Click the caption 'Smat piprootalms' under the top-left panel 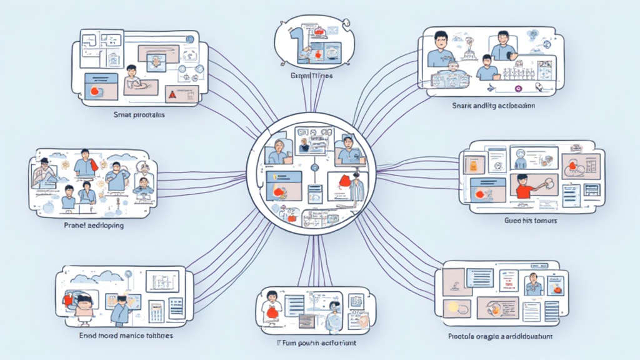pos(139,115)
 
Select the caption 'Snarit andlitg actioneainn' pos(493,106)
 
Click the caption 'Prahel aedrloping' pos(94,225)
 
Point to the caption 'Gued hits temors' pos(531,221)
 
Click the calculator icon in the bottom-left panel pos(156,311)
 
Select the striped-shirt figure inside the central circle pos(356,187)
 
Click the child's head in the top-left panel pos(131,70)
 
